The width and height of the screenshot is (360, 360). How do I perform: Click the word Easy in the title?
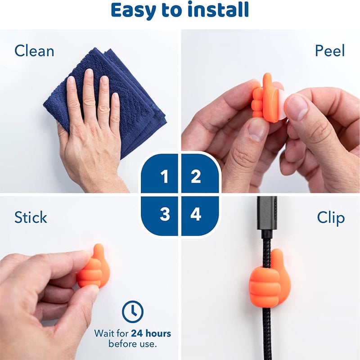tap(133, 10)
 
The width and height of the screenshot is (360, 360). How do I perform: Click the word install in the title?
tap(218, 9)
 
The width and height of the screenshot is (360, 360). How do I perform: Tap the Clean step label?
tap(34, 51)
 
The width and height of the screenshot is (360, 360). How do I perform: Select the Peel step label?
tap(330, 50)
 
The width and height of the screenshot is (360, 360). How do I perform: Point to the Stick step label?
tap(31, 217)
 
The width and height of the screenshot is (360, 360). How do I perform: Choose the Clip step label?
tap(331, 218)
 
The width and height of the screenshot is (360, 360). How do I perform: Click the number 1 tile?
tap(159, 173)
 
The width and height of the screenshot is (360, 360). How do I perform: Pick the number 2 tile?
tap(200, 173)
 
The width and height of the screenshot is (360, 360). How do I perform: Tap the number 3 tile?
tap(159, 216)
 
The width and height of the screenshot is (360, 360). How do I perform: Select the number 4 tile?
tap(200, 216)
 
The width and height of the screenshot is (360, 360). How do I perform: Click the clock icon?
tap(133, 311)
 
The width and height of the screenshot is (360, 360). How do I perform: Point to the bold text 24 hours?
tap(151, 333)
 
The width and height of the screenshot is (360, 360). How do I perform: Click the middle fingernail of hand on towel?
tap(88, 73)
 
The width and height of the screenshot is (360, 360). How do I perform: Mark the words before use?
tap(132, 344)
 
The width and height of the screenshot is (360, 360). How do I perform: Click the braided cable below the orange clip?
tap(267, 333)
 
